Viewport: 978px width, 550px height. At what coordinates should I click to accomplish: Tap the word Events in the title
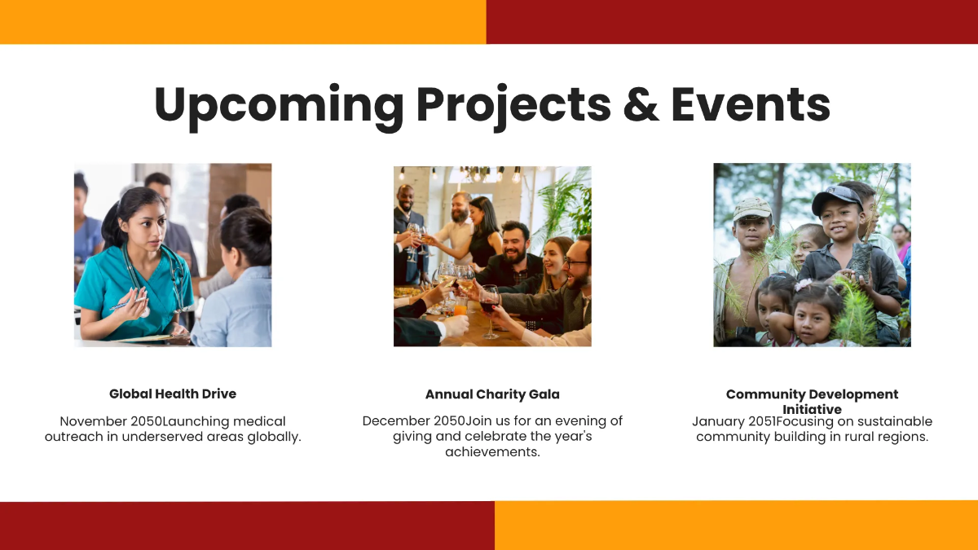tap(750, 104)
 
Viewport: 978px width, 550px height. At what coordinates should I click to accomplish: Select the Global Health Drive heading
tap(173, 394)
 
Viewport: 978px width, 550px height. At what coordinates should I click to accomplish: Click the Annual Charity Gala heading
tap(492, 394)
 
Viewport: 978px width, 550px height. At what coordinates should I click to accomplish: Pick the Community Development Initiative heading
tap(812, 401)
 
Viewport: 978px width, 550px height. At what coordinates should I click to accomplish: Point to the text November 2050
tap(111, 421)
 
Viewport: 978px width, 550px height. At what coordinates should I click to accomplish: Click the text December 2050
tap(413, 421)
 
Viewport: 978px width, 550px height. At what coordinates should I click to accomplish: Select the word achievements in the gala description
tap(492, 451)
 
